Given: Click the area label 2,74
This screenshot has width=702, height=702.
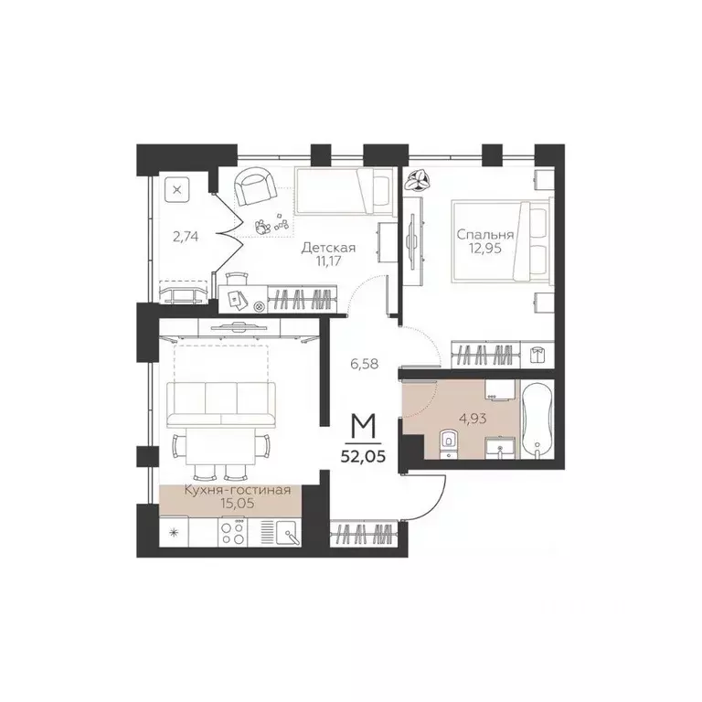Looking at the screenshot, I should click(186, 235).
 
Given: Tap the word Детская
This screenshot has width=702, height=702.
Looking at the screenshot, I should click(328, 248).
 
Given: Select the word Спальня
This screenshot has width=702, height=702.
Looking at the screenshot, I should click(485, 235).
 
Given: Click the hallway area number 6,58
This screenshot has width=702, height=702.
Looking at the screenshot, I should click(366, 363).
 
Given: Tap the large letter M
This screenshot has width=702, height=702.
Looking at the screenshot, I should click(367, 425).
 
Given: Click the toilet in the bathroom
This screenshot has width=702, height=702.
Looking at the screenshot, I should click(447, 443).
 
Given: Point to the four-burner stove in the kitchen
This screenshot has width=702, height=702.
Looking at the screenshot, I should click(232, 533).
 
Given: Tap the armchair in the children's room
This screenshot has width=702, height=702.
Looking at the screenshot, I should click(255, 186).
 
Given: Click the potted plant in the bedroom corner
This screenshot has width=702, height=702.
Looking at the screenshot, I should click(419, 180).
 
